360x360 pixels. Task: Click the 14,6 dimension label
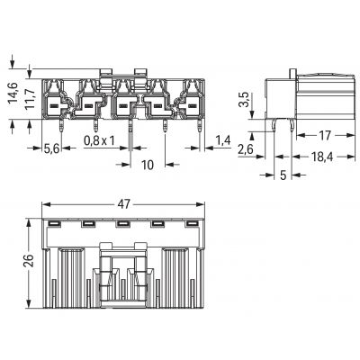(13, 94)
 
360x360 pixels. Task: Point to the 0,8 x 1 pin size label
(99, 140)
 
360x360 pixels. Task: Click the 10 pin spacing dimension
(148, 165)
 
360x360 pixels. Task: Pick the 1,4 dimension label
(222, 140)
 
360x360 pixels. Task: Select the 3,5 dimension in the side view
(245, 100)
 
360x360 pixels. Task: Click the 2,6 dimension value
(246, 148)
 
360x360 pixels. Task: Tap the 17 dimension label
(324, 135)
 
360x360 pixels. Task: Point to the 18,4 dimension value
(322, 157)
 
